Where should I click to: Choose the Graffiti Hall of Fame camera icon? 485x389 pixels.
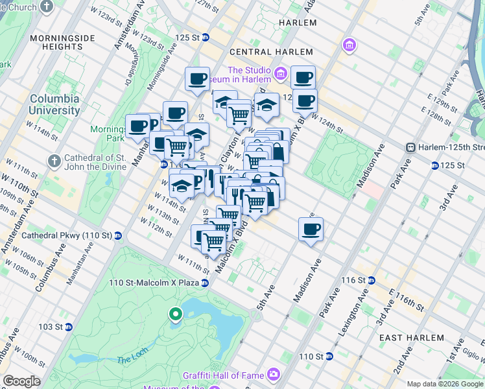pos(275,373)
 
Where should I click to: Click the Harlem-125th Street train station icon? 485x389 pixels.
pos(410,148)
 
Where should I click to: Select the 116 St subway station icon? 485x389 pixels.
pos(372,280)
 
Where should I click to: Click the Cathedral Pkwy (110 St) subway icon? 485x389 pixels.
pos(118,235)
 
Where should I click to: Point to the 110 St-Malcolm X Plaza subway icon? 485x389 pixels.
pos(205,283)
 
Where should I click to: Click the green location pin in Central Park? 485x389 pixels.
pos(175,315)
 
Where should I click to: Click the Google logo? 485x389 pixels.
pos(21,381)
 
